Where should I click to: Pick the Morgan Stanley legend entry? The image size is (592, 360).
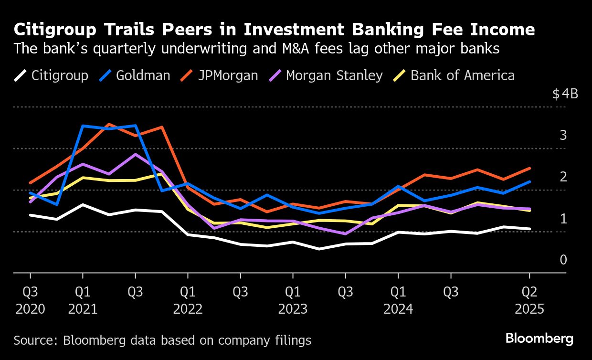pyautogui.click(x=334, y=75)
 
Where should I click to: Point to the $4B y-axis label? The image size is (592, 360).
pyautogui.click(x=565, y=94)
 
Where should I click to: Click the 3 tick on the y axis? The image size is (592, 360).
pyautogui.click(x=563, y=136)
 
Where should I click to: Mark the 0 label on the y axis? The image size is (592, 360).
pyautogui.click(x=563, y=260)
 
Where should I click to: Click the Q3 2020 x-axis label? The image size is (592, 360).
pyautogui.click(x=31, y=300)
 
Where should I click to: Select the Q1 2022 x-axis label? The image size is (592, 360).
pyautogui.click(x=188, y=300)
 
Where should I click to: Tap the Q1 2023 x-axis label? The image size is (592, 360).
pyautogui.click(x=293, y=300)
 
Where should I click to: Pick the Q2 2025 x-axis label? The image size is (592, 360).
pyautogui.click(x=529, y=300)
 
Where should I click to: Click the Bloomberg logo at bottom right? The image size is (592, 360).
pyautogui.click(x=539, y=339)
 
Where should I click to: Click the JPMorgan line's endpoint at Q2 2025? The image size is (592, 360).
pyautogui.click(x=529, y=168)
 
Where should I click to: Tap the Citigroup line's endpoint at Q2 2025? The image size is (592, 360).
pyautogui.click(x=529, y=229)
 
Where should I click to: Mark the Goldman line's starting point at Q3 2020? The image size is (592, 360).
pyautogui.click(x=31, y=193)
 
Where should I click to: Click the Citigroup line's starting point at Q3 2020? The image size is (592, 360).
pyautogui.click(x=31, y=215)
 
